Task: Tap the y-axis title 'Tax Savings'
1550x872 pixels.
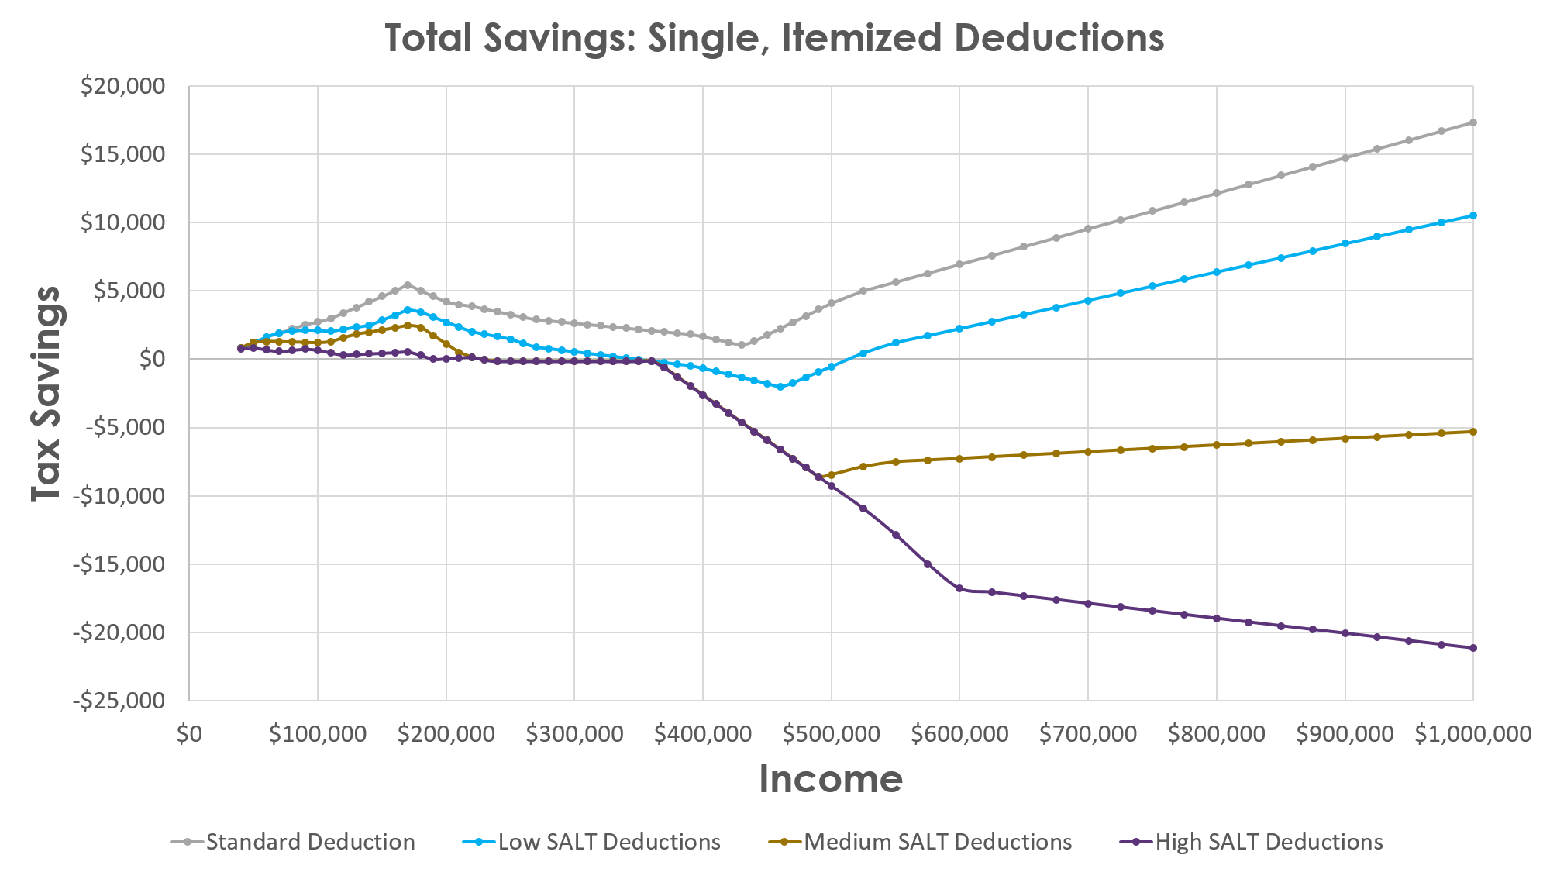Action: click(x=46, y=394)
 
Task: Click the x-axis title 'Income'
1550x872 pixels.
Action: click(x=830, y=778)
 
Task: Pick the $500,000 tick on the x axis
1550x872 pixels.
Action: click(x=831, y=734)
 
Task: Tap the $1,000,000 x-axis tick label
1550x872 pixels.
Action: click(x=1472, y=734)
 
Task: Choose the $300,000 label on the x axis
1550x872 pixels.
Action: click(x=574, y=734)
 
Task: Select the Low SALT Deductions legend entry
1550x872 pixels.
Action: click(x=591, y=842)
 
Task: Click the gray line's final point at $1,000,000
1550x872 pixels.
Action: click(x=1472, y=122)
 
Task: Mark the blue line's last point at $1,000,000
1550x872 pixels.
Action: click(x=1472, y=215)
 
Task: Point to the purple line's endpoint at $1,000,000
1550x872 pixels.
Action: click(x=1472, y=648)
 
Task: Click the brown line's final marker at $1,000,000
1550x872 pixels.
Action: click(x=1472, y=432)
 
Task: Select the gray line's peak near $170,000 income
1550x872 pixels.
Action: click(x=408, y=285)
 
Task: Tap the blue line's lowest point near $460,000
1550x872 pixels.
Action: click(x=780, y=386)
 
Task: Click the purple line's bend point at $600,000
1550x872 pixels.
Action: click(x=959, y=589)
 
